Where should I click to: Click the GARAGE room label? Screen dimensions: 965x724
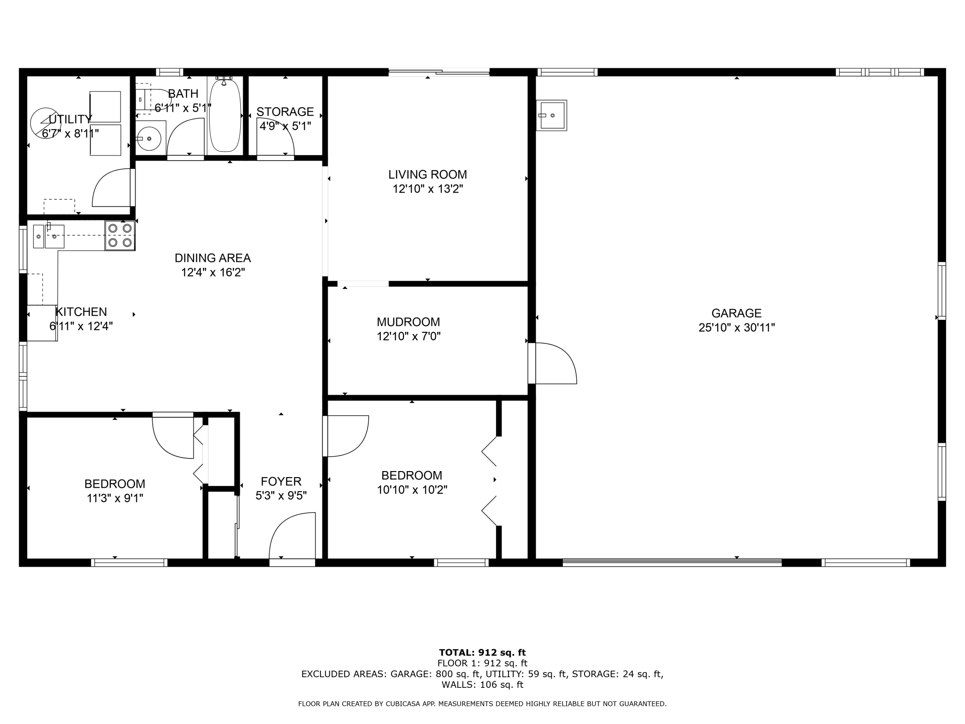(736, 313)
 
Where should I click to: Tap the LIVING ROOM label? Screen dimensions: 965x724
(427, 175)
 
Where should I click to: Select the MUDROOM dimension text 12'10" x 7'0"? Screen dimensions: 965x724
(408, 336)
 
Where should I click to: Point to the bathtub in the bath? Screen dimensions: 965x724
(225, 116)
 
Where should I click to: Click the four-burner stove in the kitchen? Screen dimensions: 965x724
(120, 235)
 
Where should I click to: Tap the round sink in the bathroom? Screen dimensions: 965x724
(149, 138)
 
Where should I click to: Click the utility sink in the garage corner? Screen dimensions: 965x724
(552, 115)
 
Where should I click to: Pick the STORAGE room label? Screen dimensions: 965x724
(285, 112)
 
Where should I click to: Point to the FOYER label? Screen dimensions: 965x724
(281, 481)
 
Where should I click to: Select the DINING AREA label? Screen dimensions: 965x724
(212, 258)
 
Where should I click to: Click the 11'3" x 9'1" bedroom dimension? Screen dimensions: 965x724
(115, 498)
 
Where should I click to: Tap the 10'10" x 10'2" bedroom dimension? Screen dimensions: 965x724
(412, 490)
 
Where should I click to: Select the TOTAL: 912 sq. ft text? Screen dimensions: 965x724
(482, 653)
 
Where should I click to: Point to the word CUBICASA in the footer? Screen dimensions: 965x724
(404, 704)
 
